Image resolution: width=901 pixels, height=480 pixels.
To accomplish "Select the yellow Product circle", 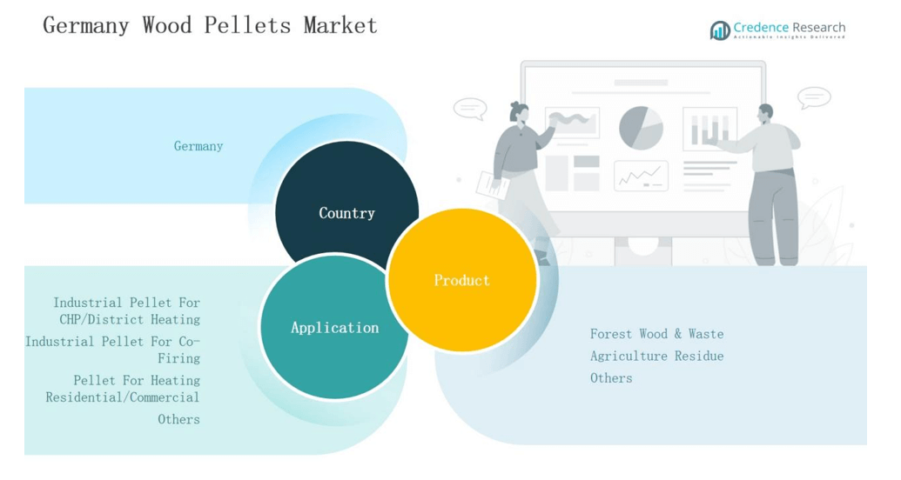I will [x=461, y=280].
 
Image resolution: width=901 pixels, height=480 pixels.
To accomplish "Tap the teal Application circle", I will [x=334, y=328].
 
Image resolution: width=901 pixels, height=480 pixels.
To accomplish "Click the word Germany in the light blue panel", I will [x=198, y=146].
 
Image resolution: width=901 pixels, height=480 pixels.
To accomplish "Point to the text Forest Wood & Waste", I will [x=656, y=334].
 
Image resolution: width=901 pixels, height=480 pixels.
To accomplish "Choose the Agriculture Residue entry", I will [x=656, y=356].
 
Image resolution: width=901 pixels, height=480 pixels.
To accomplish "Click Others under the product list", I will [x=611, y=377].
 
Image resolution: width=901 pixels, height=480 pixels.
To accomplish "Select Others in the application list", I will [x=178, y=419].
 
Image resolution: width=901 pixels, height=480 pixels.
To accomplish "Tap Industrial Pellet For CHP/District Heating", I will [x=127, y=310].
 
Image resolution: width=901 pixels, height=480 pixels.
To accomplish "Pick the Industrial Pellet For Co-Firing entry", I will [x=113, y=350].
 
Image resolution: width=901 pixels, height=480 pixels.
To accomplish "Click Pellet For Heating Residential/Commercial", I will [x=124, y=389].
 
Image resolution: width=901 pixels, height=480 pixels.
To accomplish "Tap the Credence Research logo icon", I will [x=720, y=30].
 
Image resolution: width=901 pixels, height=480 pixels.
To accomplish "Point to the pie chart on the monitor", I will [x=641, y=128].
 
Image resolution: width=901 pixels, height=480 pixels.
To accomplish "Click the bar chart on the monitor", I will [x=709, y=130].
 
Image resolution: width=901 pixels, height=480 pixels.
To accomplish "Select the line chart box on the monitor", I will [x=641, y=177].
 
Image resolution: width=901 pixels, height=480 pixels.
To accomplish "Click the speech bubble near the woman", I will [x=470, y=109].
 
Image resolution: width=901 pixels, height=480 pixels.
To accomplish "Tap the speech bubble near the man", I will [x=814, y=97].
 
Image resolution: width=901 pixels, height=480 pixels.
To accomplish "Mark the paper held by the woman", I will [x=492, y=183].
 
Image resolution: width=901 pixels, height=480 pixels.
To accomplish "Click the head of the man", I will [x=765, y=114].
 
